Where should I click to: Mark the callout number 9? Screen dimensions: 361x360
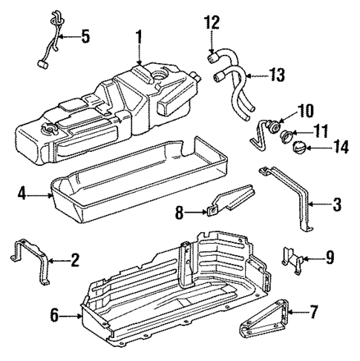pyautogui.click(x=329, y=258)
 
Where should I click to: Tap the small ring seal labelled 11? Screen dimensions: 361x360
pyautogui.click(x=282, y=134)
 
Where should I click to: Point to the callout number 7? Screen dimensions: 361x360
pyautogui.click(x=313, y=313)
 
